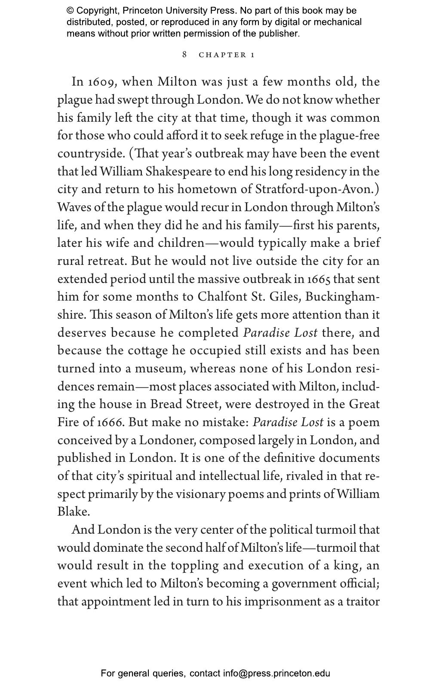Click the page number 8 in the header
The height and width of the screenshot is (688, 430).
(x=184, y=54)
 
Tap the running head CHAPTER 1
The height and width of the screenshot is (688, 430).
(x=227, y=55)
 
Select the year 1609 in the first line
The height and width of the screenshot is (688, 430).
(x=100, y=82)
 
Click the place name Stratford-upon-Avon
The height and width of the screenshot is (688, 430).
(x=317, y=189)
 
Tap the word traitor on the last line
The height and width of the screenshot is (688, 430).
(x=363, y=601)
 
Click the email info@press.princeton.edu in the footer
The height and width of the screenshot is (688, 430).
(x=276, y=673)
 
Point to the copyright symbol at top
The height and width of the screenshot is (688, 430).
(x=70, y=11)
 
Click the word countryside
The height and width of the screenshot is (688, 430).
(x=91, y=154)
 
